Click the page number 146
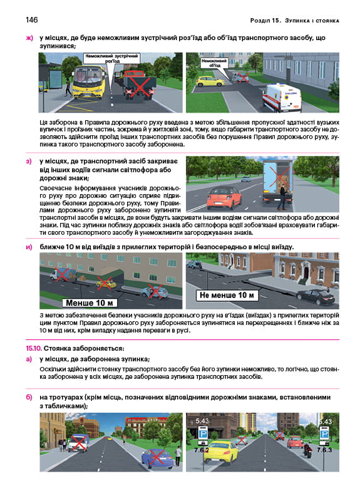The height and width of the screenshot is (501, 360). (32, 20)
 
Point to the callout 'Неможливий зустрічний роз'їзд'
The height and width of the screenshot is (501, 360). (111, 58)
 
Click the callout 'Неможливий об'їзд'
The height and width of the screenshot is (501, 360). (214, 62)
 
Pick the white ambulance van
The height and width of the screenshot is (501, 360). (282, 98)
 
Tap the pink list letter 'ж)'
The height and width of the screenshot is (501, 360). (29, 38)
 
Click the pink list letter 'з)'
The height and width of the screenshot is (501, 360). (29, 161)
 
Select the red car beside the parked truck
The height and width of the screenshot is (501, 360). (224, 197)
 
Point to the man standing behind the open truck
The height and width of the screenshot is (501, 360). (282, 197)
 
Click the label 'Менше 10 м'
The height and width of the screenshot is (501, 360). (90, 302)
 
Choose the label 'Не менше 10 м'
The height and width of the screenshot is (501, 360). (227, 295)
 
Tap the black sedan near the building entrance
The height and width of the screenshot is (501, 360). (316, 297)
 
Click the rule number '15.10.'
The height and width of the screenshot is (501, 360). (34, 348)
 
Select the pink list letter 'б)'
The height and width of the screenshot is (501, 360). (29, 398)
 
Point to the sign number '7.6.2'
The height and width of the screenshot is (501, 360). (202, 450)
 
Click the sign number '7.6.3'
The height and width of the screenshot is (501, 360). (324, 450)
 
